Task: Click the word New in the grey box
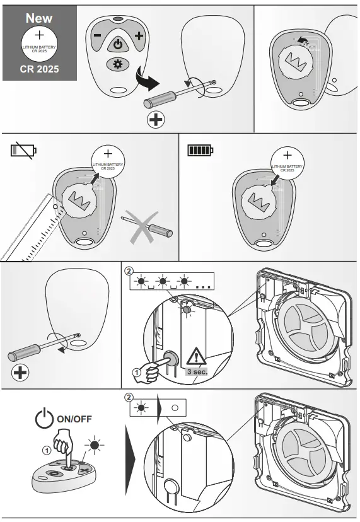tap(38, 18)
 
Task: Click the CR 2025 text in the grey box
tap(39, 69)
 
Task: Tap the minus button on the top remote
tap(98, 37)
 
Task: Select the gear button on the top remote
tap(117, 64)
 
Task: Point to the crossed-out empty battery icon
tap(23, 150)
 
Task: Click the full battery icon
tap(201, 150)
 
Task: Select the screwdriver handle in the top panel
tap(157, 100)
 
